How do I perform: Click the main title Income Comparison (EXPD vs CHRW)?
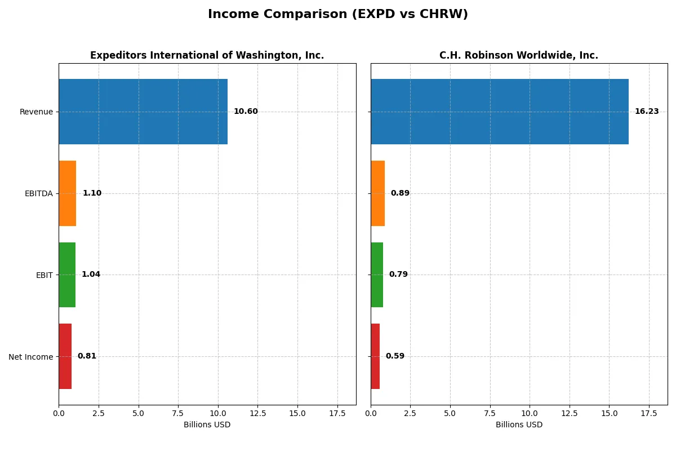point(337,14)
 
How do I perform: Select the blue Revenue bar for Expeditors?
point(143,112)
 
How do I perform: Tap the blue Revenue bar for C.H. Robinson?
point(499,112)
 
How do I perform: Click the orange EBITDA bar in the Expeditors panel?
point(68,193)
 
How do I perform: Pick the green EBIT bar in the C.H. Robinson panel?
point(377,275)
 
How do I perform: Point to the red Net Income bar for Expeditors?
point(65,356)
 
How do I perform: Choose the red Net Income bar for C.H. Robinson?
point(375,356)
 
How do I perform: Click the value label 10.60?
point(246,112)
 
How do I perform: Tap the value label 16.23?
point(646,112)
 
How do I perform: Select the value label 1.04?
point(91,275)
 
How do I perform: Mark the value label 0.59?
point(395,356)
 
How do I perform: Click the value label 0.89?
point(400,193)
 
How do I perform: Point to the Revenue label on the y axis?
point(36,112)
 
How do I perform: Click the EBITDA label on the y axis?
point(38,193)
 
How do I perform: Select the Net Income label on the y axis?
point(30,356)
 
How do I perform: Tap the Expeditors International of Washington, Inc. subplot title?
point(207,55)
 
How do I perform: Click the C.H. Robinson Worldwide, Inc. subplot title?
point(519,55)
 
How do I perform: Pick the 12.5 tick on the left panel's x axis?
point(257,413)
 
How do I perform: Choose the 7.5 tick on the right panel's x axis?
point(490,413)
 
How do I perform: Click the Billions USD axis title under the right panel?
point(519,425)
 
